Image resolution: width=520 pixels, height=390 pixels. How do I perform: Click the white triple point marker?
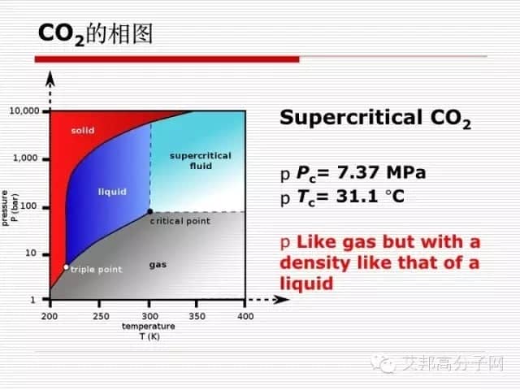(x=66, y=267)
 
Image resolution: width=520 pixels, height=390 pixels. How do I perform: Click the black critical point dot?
(x=149, y=211)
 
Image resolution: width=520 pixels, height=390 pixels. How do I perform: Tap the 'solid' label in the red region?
(x=83, y=130)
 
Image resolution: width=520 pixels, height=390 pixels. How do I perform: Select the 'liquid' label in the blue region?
(x=112, y=192)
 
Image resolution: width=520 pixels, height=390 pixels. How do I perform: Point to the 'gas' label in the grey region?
(x=158, y=265)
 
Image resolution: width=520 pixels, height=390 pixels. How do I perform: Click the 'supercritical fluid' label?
(x=201, y=161)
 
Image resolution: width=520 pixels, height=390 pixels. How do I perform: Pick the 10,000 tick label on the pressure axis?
(x=24, y=110)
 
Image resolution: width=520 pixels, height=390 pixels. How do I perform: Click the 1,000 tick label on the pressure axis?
(x=25, y=158)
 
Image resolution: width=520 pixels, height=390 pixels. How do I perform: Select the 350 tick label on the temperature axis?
(x=197, y=316)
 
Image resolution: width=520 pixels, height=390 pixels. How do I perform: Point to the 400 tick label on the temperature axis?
(x=245, y=316)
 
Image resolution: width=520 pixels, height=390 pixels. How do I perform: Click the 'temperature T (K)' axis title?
(x=149, y=331)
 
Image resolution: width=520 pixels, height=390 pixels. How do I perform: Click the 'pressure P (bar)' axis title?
(x=10, y=208)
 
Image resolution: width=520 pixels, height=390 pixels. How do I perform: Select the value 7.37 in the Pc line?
(x=357, y=172)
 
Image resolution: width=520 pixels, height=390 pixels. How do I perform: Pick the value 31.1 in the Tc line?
(x=357, y=197)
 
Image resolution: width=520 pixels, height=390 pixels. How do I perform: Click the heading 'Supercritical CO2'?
(x=375, y=119)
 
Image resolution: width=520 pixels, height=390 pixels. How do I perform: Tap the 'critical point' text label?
(x=180, y=221)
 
